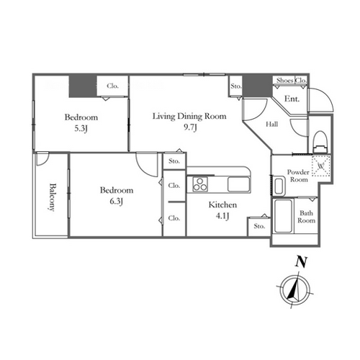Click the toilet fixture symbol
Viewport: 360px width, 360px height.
tap(320, 142)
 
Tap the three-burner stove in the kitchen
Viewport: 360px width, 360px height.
tap(200, 184)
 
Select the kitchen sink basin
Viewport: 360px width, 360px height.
tap(238, 184)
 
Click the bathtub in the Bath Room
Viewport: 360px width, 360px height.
tap(283, 216)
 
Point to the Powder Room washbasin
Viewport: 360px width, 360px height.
tap(279, 186)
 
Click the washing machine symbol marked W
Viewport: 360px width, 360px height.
tap(321, 166)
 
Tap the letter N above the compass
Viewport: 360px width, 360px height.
tap(301, 262)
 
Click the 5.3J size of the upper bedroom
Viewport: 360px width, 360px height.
tap(81, 129)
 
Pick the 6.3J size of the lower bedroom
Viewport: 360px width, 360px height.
tap(117, 201)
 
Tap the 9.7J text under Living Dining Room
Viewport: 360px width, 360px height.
tap(190, 127)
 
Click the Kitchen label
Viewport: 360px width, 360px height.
tap(222, 204)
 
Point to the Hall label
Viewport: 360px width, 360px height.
tap(272, 124)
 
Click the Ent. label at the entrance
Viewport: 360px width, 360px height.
tap(292, 99)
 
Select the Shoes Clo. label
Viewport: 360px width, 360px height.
tap(292, 81)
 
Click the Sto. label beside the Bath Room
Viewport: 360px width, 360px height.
tap(259, 226)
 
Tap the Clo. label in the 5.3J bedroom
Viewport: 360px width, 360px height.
tap(112, 86)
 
